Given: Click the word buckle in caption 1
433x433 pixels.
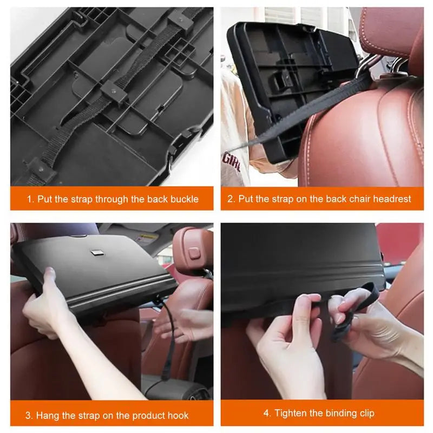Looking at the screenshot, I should (x=183, y=199).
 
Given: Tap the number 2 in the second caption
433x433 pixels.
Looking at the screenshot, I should (x=231, y=199).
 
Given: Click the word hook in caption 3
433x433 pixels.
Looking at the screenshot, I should (x=178, y=416).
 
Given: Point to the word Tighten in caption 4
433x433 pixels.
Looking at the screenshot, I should (x=291, y=413).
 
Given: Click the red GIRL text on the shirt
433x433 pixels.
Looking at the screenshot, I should (x=232, y=161).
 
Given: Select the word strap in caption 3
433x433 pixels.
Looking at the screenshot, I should (x=95, y=416).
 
